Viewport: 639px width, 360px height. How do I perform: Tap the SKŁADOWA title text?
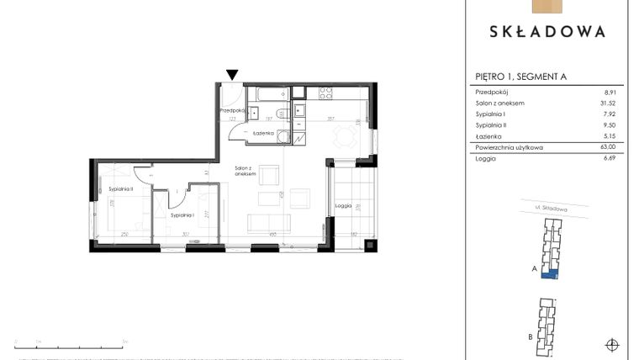[x=547, y=32]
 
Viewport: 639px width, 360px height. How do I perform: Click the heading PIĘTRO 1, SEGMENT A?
[x=521, y=77]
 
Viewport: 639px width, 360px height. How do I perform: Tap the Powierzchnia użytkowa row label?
[x=510, y=147]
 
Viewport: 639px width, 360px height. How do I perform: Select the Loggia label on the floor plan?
[x=343, y=205]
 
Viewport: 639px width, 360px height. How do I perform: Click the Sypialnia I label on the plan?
[x=183, y=215]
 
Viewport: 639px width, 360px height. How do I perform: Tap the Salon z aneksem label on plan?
[x=246, y=170]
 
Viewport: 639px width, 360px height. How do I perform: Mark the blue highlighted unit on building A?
[x=550, y=274]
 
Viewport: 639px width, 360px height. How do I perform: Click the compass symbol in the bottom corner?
[x=611, y=344]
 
